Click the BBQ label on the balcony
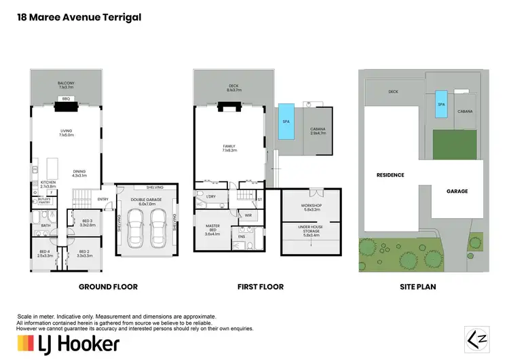(66, 98)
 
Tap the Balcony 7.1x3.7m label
(66, 85)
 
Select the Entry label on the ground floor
(102, 199)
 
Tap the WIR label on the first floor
(248, 215)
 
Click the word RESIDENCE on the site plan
(390, 175)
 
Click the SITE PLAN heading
(417, 287)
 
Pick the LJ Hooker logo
(68, 343)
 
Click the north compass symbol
(476, 337)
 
